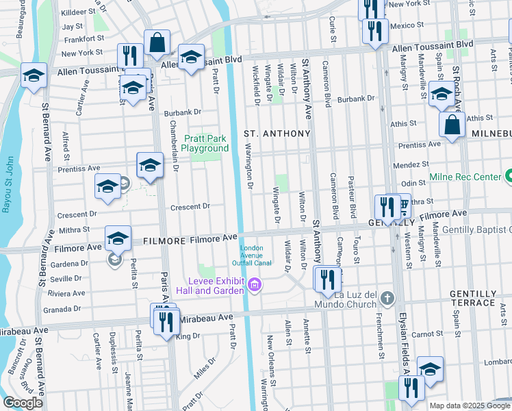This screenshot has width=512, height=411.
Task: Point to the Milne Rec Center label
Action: [x=465, y=177]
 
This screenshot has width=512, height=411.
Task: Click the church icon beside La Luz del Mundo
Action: [x=388, y=298]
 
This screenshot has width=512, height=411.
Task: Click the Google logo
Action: [x=23, y=403]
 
